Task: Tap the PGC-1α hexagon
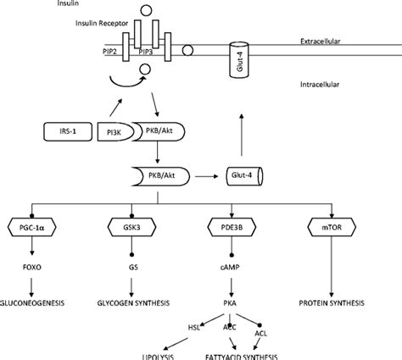[34, 227]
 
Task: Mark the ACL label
[261, 333]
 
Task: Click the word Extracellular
[322, 42]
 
